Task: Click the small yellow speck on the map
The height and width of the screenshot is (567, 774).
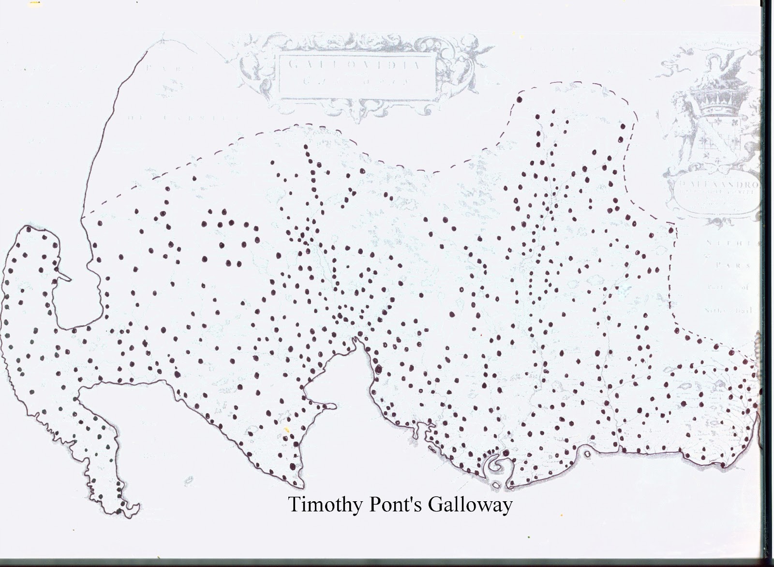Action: (x=287, y=429)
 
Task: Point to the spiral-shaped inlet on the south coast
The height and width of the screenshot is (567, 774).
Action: (x=495, y=465)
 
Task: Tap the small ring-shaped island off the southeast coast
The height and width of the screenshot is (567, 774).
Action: (x=587, y=454)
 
